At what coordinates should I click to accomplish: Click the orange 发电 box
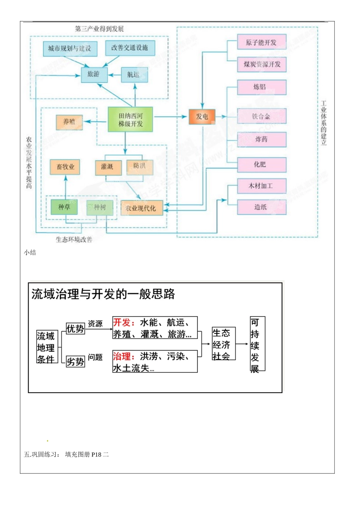pos(202,117)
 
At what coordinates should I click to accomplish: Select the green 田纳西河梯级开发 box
pos(130,120)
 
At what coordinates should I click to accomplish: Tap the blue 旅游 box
pos(94,75)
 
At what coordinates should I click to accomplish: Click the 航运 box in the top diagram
pos(134,75)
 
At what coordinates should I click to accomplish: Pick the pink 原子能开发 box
pos(261,42)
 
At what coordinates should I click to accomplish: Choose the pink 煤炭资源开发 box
pos(261,64)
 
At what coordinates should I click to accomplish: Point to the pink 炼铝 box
pos(261,87)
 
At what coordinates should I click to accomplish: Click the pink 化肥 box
pos(261,164)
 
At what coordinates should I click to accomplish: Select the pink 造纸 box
pos(261,207)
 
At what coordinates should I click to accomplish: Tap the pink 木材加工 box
pos(261,186)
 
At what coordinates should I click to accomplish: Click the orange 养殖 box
pos(69,122)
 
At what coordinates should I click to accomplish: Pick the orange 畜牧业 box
pos(65,167)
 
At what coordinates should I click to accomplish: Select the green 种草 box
pos(64,207)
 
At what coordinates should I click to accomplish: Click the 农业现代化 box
pos(141,208)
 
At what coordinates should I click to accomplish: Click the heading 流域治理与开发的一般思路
pos(103,294)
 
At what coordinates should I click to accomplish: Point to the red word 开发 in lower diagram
pos(121,323)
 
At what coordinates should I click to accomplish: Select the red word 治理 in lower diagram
pos(121,356)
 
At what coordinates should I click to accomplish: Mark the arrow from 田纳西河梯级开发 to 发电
pos(171,117)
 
